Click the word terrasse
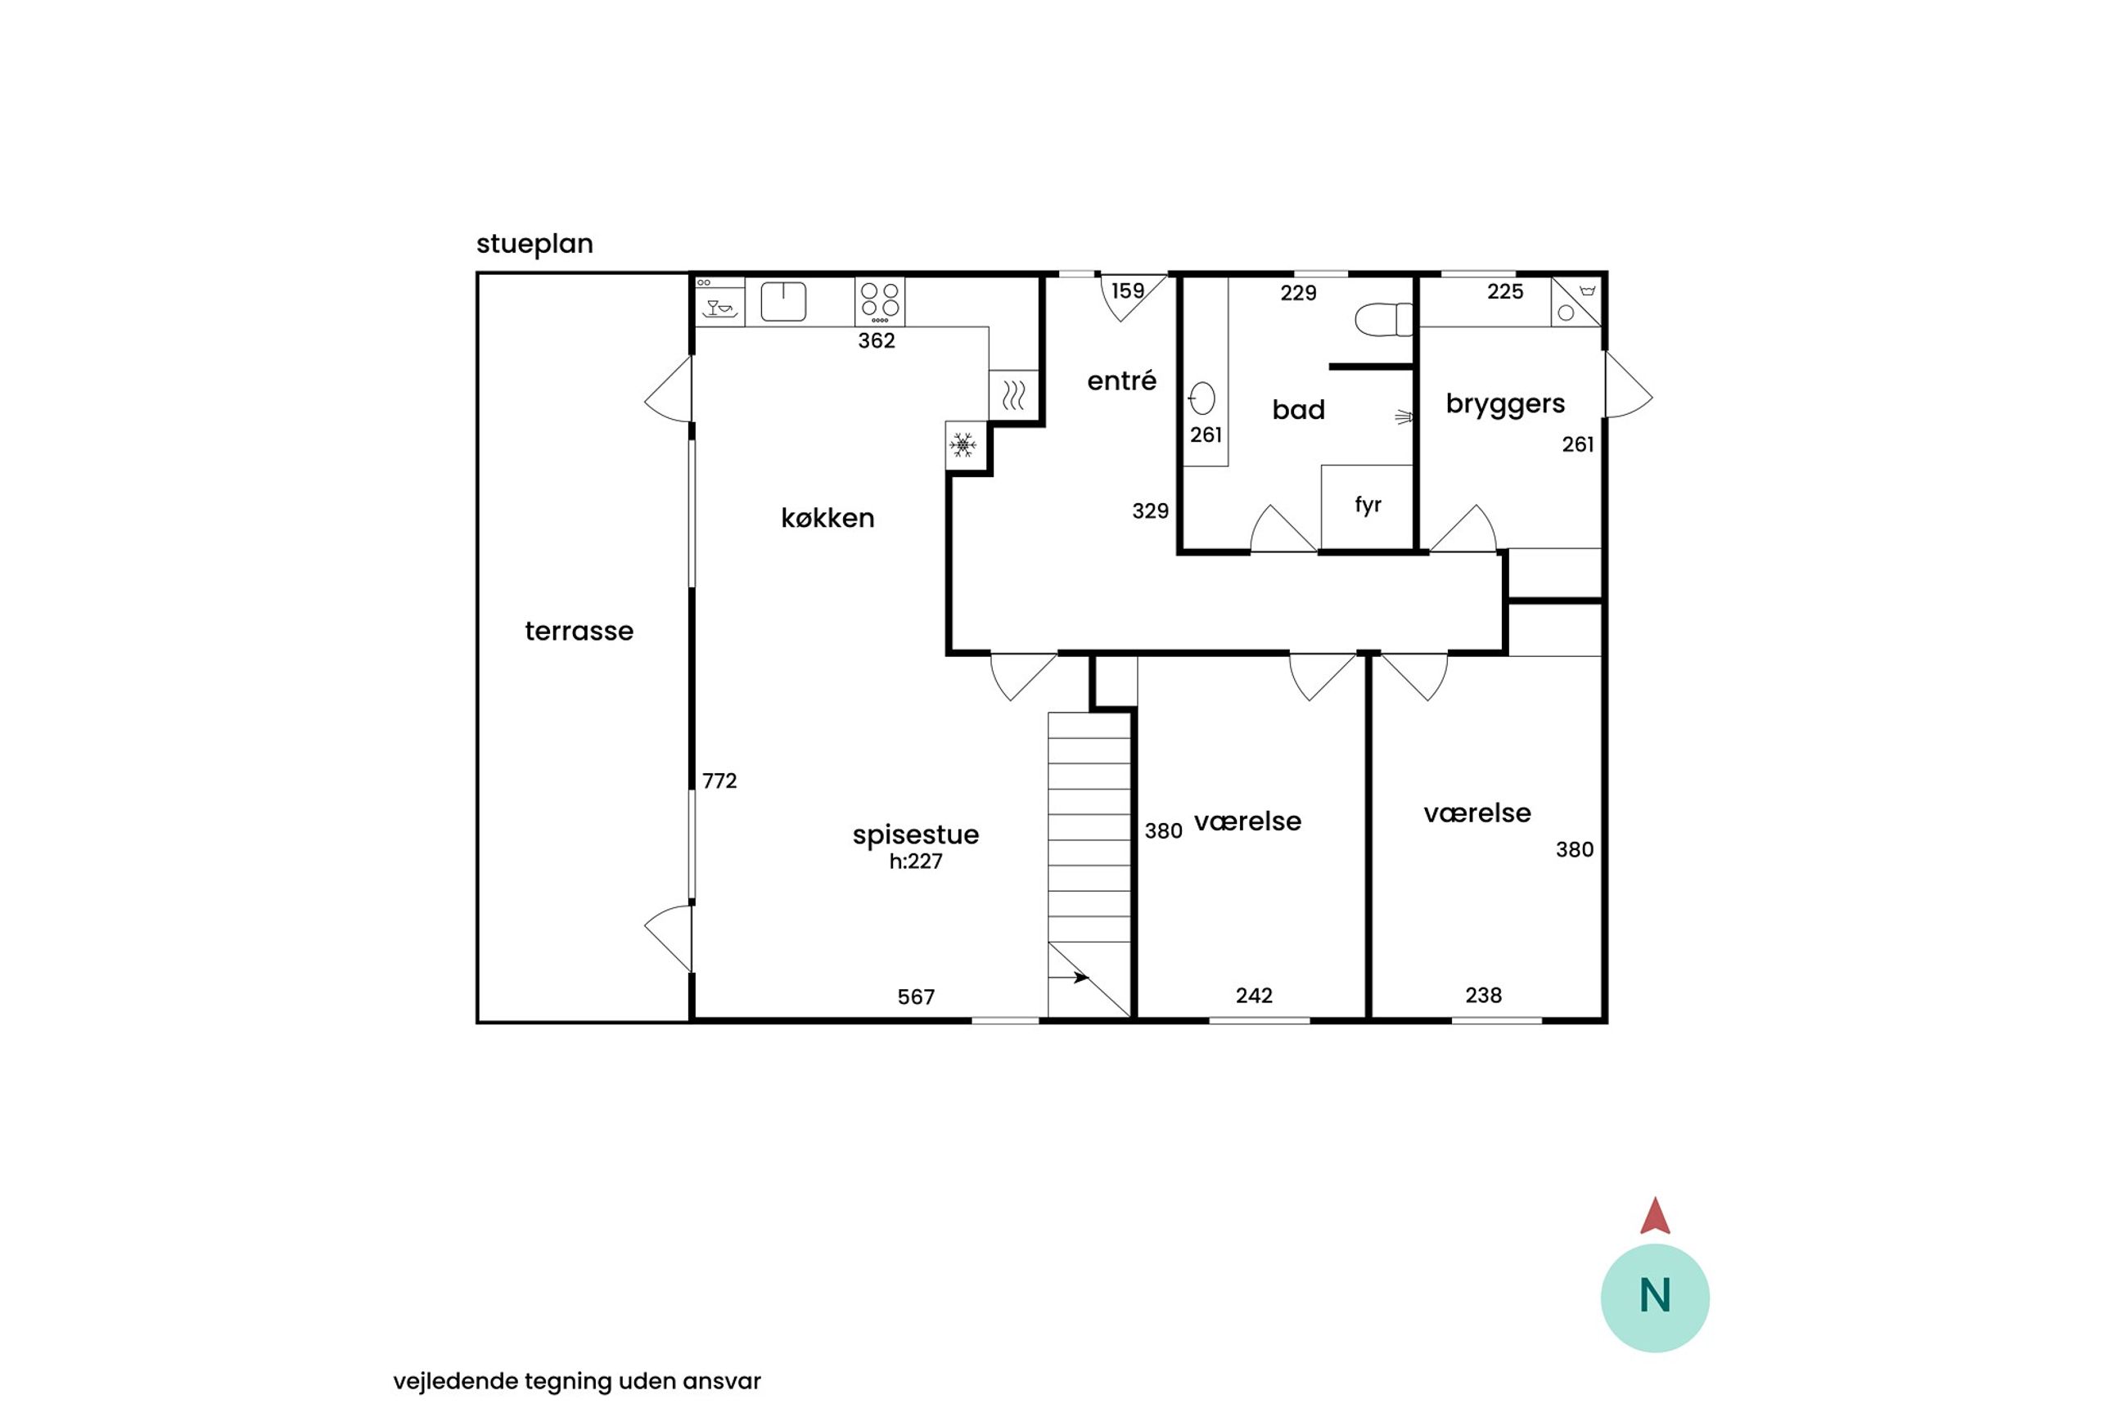point(579,631)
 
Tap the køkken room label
point(827,517)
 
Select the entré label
point(1121,380)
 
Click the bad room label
point(1298,410)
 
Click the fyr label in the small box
point(1368,505)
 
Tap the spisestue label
point(916,835)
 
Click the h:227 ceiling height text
point(916,862)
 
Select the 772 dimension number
point(719,781)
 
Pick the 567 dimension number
point(916,997)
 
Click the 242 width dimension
point(1254,996)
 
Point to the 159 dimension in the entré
point(1127,291)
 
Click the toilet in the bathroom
point(1383,319)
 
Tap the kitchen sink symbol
point(783,301)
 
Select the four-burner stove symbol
point(880,302)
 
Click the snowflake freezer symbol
point(963,445)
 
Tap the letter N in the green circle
point(1655,1296)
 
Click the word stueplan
point(534,244)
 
